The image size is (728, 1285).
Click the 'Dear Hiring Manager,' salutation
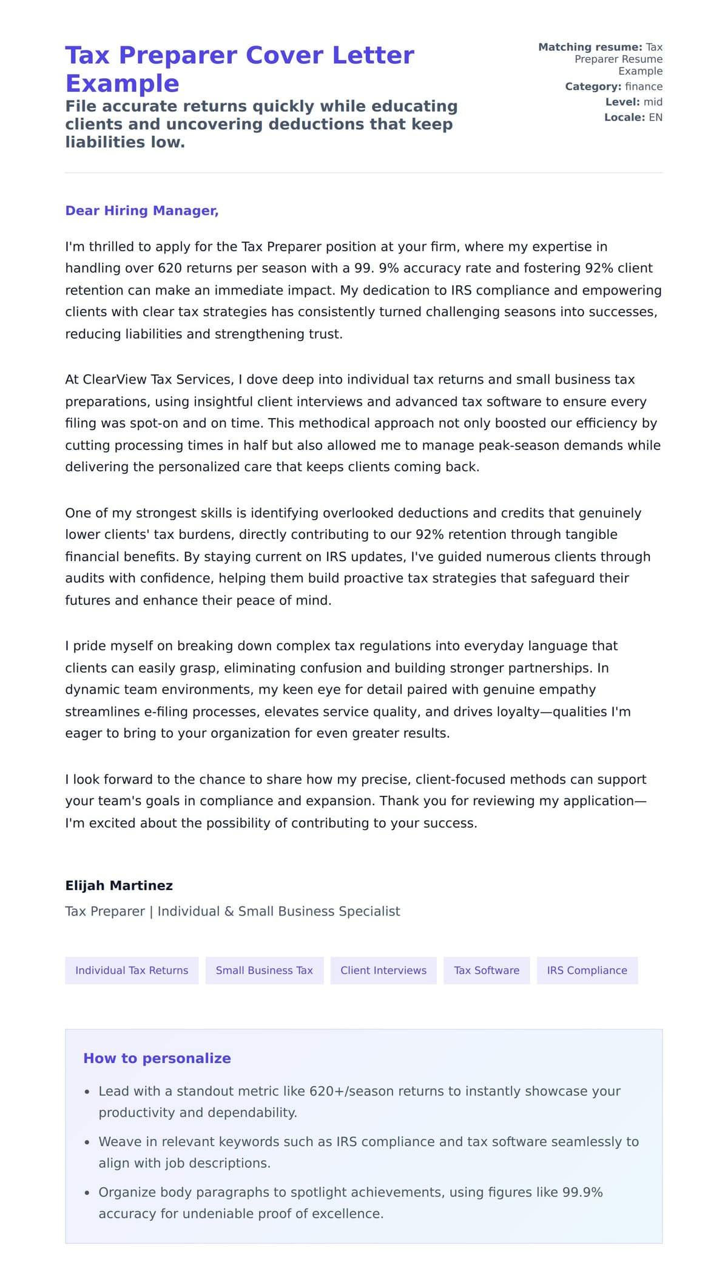141,211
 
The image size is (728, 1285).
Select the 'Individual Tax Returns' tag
132,970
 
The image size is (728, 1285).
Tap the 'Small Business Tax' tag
264,970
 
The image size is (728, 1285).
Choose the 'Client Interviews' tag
383,970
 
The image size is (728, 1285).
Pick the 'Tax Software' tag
487,970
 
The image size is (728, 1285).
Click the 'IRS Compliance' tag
587,970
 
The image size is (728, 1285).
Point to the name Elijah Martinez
119,885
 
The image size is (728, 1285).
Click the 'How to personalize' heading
157,1058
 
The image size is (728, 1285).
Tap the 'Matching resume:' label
590,47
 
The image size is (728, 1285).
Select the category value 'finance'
644,86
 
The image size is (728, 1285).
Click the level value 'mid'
653,102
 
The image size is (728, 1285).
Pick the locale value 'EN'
655,117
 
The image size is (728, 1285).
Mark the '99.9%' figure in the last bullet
582,1192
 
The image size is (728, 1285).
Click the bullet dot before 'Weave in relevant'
87,1142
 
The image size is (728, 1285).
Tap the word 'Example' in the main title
122,83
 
